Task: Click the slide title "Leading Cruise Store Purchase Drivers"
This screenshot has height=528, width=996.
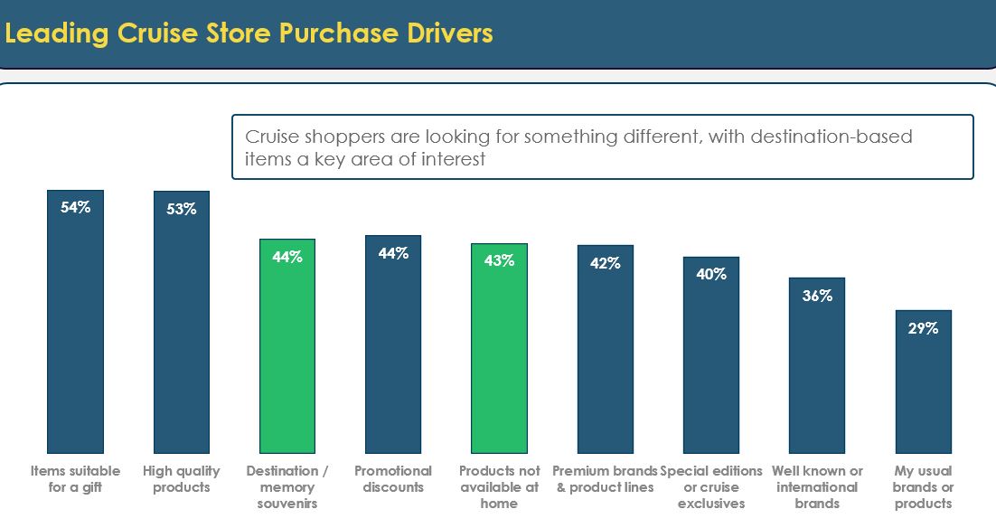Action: [249, 33]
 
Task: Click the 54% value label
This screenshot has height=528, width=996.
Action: [76, 207]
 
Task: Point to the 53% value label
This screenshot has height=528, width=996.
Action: [182, 209]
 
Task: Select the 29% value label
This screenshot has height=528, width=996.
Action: [923, 328]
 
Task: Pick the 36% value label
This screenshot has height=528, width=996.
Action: [817, 296]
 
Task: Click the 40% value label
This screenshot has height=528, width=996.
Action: [711, 273]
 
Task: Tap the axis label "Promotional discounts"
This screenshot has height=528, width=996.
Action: [393, 479]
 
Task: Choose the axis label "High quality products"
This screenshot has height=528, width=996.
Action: [182, 479]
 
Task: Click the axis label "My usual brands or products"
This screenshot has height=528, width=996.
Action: [923, 487]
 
